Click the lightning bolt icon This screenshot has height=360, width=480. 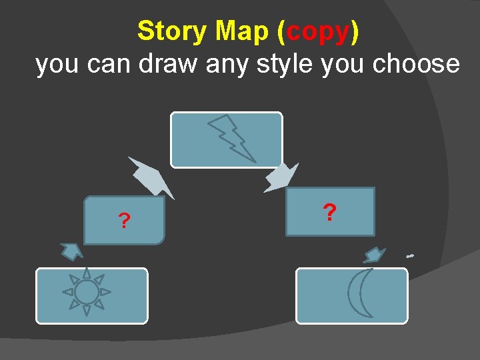pos(233,139)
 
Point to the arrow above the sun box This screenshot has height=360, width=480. pos(71,251)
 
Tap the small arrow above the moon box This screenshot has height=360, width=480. pos(375,255)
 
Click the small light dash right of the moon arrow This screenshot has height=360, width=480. pos(410,256)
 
